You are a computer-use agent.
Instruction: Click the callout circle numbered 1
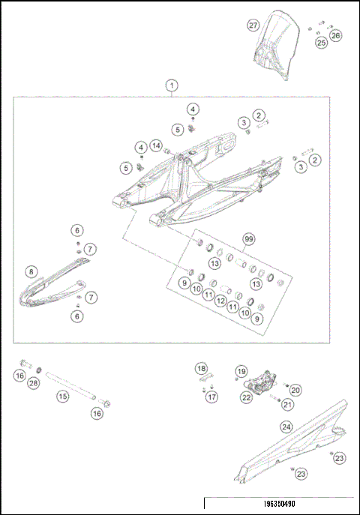click(x=172, y=85)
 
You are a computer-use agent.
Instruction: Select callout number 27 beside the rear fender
click(x=253, y=25)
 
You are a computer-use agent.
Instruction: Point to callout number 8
click(x=31, y=271)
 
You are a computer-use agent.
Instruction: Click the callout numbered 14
click(x=156, y=145)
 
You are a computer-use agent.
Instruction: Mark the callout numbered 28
click(x=33, y=383)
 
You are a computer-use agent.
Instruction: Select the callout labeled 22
click(x=246, y=398)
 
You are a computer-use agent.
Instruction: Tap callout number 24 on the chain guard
click(x=286, y=427)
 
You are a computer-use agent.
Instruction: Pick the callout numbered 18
click(x=201, y=368)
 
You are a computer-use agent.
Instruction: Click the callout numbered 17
click(x=212, y=397)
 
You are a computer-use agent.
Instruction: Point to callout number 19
click(x=241, y=371)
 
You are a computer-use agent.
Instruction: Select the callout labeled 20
click(x=295, y=389)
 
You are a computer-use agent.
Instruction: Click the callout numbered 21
click(x=286, y=405)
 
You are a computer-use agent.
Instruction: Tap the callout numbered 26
click(x=335, y=35)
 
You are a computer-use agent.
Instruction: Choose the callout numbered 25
click(x=321, y=43)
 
